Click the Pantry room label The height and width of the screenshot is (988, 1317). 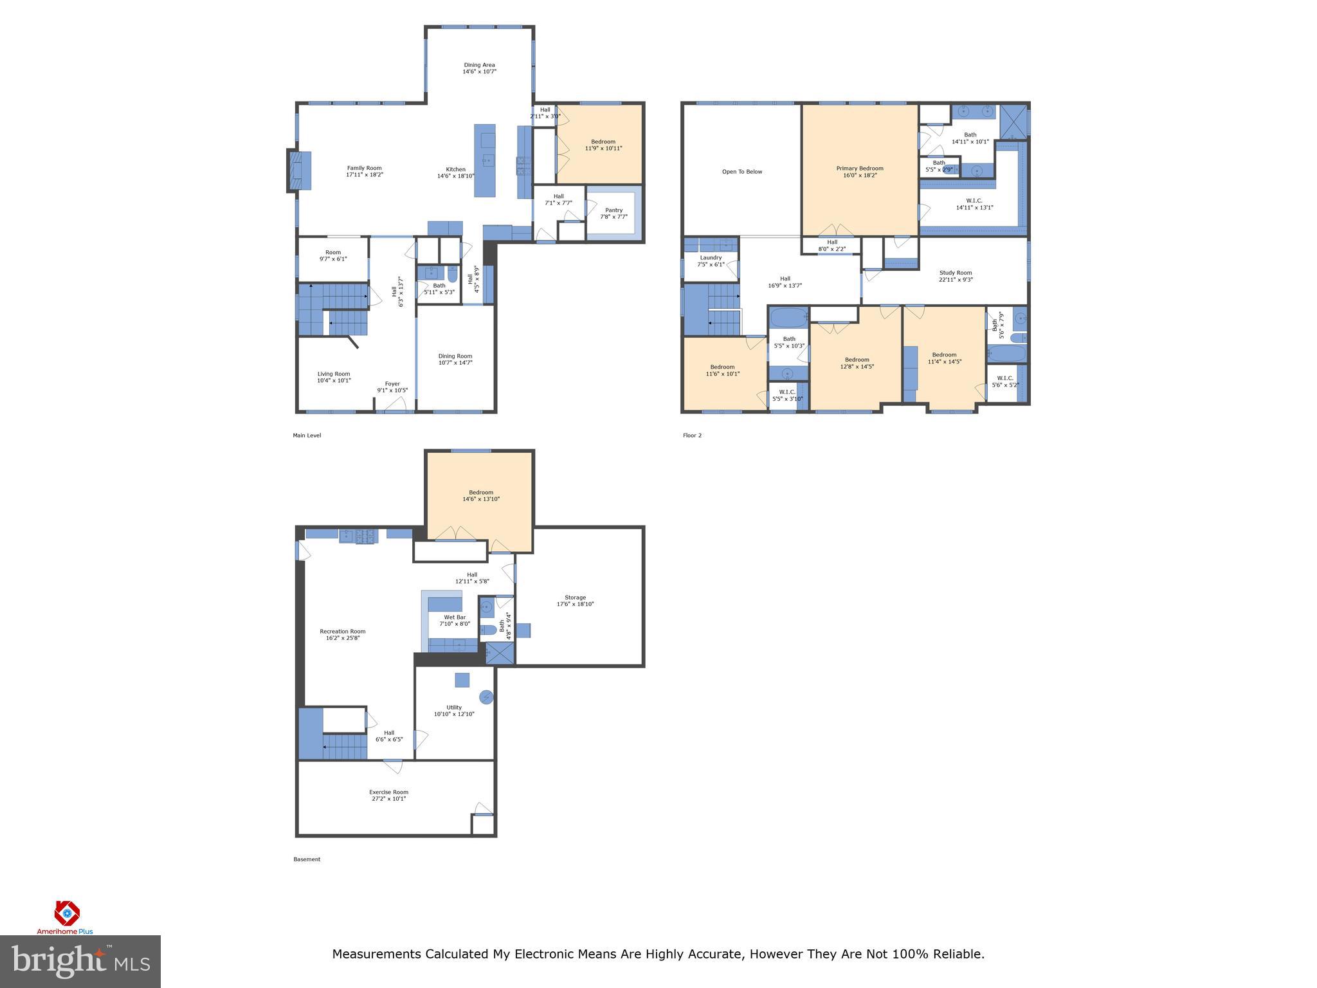click(x=613, y=213)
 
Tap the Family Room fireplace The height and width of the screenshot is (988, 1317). click(x=299, y=170)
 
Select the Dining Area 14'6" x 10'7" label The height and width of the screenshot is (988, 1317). click(x=479, y=68)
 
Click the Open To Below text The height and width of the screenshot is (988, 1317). click(x=741, y=172)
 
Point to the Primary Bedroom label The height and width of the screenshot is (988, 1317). click(x=859, y=172)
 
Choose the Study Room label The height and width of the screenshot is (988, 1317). click(x=955, y=276)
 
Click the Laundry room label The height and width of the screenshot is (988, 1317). click(x=711, y=261)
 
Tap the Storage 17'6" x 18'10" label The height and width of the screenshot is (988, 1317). click(x=575, y=601)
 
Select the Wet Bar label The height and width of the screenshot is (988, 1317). click(x=455, y=620)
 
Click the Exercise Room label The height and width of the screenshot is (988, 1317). click(x=388, y=795)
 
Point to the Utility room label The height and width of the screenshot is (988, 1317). click(x=454, y=710)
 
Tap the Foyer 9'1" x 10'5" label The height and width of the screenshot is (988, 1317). click(x=392, y=387)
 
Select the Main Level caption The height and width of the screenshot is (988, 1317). click(x=307, y=435)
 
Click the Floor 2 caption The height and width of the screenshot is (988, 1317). click(x=692, y=435)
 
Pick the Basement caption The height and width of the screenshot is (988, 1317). click(x=307, y=859)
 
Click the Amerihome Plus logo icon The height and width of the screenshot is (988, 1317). click(x=66, y=913)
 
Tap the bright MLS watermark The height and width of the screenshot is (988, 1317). click(x=80, y=961)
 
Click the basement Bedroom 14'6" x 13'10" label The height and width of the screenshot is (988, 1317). click(x=480, y=495)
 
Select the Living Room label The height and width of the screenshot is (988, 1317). click(x=334, y=377)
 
